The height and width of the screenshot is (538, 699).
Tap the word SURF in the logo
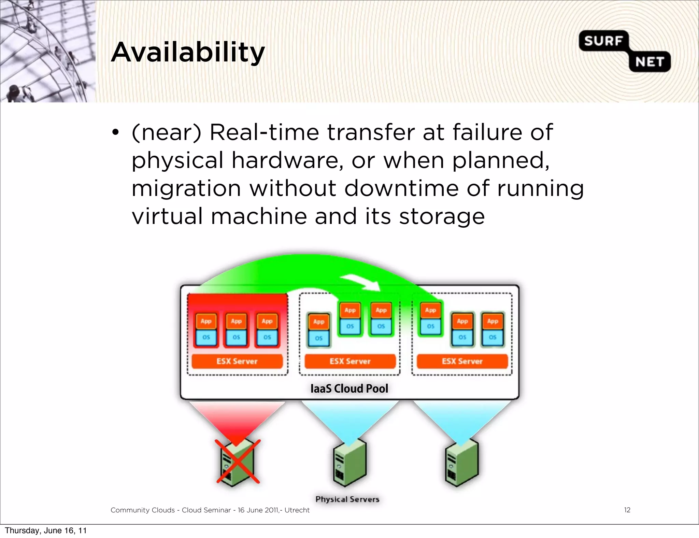[603, 41]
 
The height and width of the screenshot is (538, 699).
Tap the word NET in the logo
[650, 62]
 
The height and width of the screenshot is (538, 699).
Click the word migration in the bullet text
[186, 189]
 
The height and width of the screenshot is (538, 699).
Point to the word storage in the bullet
[442, 217]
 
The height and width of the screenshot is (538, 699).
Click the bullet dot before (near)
[115, 132]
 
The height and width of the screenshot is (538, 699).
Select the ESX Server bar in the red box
[237, 361]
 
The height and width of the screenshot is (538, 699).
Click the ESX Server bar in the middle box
[350, 361]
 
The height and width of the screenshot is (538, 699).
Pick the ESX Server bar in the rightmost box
[462, 361]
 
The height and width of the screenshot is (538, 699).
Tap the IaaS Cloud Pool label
[349, 388]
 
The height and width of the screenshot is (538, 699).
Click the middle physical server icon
[349, 463]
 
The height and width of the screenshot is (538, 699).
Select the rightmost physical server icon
[462, 463]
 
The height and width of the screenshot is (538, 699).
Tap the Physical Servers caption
[347, 499]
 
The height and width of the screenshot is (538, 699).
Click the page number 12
[627, 510]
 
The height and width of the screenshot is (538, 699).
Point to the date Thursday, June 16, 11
[46, 530]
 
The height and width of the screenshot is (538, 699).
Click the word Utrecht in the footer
[297, 510]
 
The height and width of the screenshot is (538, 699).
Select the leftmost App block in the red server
[206, 321]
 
